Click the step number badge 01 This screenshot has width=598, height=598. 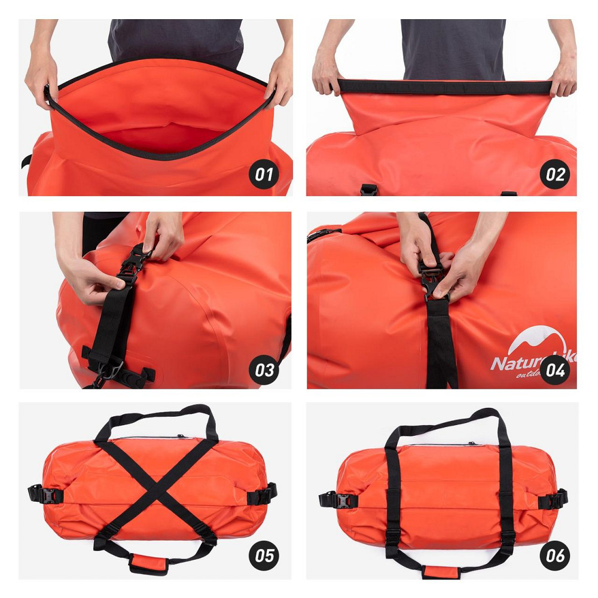264,175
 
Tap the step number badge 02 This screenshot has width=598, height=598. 555,175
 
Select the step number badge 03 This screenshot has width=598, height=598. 264,370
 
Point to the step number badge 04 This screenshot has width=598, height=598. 555,370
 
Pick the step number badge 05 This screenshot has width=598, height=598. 264,556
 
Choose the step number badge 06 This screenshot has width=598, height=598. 555,556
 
